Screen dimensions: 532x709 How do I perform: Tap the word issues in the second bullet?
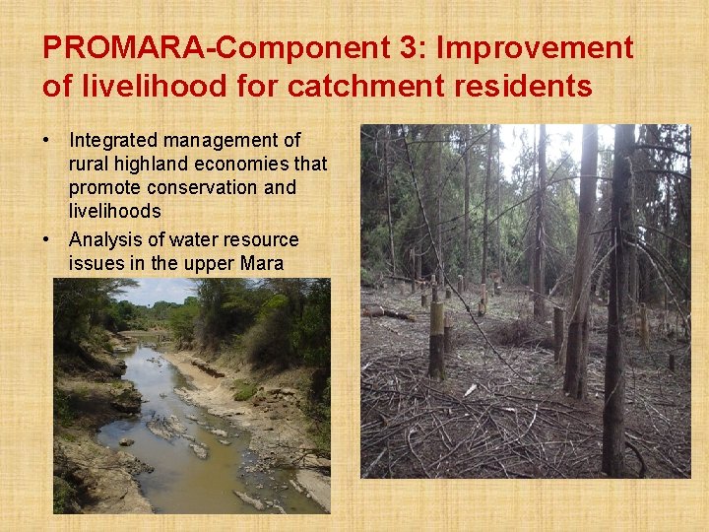pos(96,264)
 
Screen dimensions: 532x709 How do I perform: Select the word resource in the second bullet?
pos(260,240)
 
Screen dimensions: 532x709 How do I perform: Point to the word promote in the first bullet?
pos(102,188)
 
